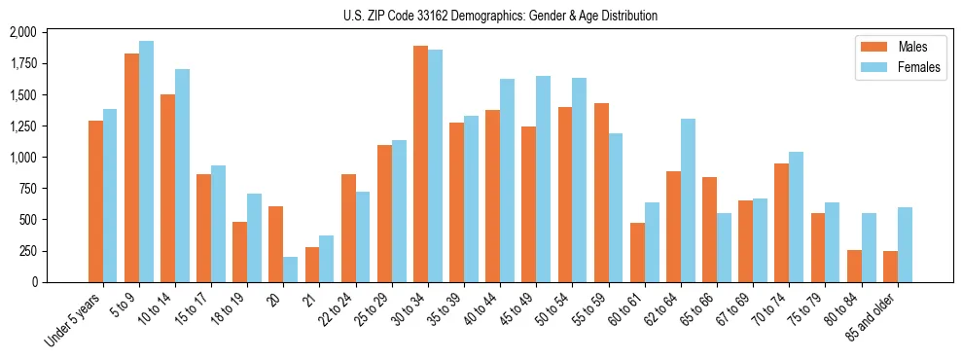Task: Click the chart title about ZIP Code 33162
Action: [x=500, y=16]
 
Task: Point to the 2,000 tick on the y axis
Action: [x=22, y=33]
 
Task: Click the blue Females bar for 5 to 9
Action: [x=146, y=162]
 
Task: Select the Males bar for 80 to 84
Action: [x=854, y=266]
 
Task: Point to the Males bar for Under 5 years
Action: [x=95, y=201]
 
